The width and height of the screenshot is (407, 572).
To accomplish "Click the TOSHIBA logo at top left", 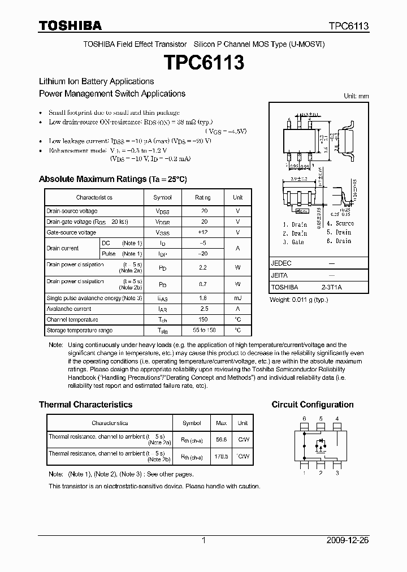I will [70, 25].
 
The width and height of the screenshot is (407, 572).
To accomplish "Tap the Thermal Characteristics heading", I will [85, 405].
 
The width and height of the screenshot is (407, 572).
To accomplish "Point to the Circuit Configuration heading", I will [313, 405].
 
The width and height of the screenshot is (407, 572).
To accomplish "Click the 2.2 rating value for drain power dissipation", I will [203, 267].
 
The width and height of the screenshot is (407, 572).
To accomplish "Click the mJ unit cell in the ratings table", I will [237, 298].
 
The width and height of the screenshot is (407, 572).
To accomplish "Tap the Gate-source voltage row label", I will [71, 232].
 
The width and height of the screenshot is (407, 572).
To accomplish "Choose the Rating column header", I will [203, 197].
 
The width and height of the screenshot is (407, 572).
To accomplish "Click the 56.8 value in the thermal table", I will [221, 439].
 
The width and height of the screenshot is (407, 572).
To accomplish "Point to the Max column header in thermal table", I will [221, 423].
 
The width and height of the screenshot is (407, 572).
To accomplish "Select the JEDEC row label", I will [281, 263].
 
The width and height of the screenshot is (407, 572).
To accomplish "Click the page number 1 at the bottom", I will [203, 540].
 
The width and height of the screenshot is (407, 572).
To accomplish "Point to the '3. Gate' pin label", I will [293, 241].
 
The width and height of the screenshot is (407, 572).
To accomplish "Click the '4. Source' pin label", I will [340, 223].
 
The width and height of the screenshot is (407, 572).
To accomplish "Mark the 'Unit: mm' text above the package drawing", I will [356, 96].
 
